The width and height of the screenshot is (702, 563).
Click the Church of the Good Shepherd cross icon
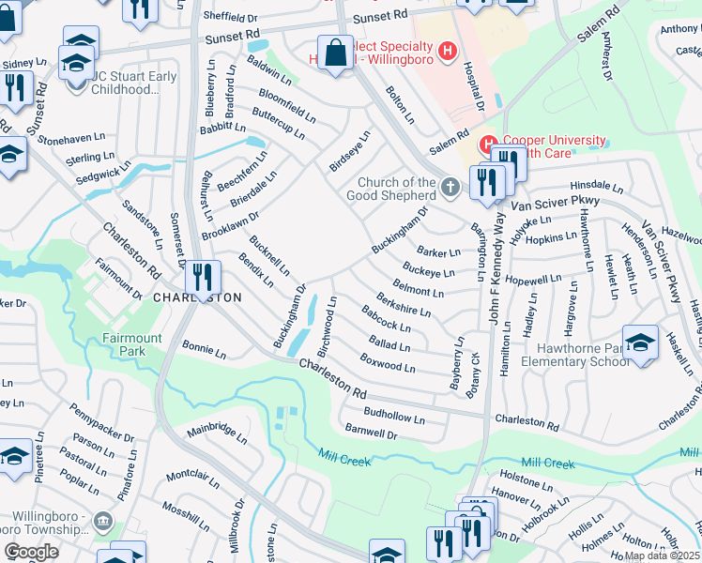tap(450, 188)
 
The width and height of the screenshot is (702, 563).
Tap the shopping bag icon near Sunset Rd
tap(335, 53)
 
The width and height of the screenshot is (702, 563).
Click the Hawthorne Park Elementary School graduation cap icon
tap(640, 342)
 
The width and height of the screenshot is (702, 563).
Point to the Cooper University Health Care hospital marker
tap(487, 145)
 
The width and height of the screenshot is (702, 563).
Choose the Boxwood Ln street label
tap(388, 362)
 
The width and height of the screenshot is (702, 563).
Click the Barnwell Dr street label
tap(372, 432)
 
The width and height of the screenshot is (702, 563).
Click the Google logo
tap(31, 552)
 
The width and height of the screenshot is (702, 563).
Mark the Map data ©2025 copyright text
tap(662, 555)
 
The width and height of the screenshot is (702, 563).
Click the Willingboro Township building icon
tap(102, 522)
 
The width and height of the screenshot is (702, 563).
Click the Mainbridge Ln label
tap(217, 434)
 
